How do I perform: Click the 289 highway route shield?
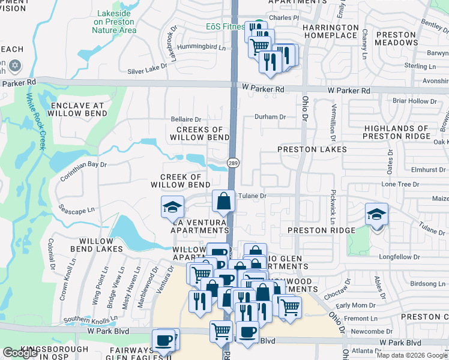[x=233, y=163]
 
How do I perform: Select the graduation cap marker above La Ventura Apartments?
[x=172, y=207]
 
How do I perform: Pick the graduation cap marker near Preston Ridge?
[x=376, y=214]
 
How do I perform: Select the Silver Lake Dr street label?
[x=147, y=70]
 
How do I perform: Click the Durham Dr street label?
[x=270, y=117]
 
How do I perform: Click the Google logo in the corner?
[x=20, y=353]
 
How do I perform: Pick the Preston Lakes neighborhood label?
[x=312, y=149]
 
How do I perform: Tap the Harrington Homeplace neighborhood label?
[x=330, y=32]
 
